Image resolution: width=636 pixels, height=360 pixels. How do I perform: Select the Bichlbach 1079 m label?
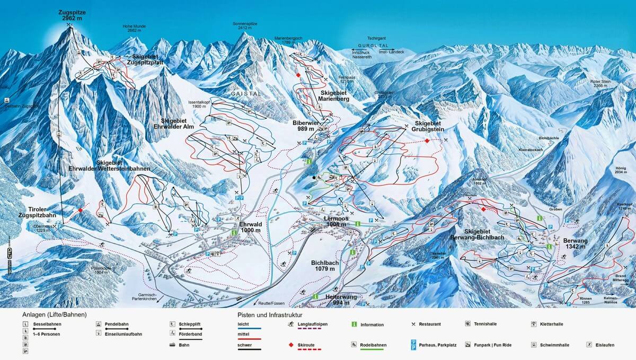(x=325, y=266)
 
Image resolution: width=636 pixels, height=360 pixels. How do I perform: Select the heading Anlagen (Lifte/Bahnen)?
(x=54, y=315)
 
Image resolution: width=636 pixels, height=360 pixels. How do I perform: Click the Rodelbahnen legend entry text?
(x=373, y=345)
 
